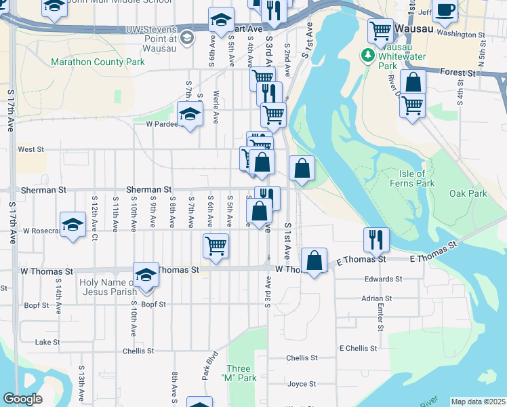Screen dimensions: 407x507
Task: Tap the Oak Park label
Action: (468, 193)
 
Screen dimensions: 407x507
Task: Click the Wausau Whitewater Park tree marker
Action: (368, 54)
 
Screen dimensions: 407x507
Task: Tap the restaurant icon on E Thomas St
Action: (376, 239)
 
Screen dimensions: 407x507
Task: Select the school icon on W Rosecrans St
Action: (73, 225)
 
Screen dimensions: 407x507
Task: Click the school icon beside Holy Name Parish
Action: (146, 273)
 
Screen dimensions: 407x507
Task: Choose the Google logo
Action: (22, 399)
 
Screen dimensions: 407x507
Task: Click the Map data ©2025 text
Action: (478, 402)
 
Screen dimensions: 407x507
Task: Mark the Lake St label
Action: (47, 342)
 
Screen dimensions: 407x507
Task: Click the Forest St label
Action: (458, 72)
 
